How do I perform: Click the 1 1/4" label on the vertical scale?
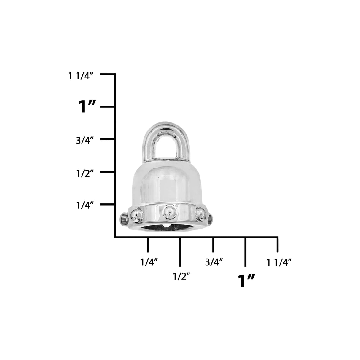(x=81, y=76)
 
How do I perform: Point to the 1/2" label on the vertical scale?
(x=85, y=173)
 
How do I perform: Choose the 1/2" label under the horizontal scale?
(x=181, y=277)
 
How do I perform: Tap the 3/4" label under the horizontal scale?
(x=214, y=262)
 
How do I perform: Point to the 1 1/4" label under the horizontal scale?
(x=279, y=262)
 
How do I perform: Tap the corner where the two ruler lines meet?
(x=115, y=237)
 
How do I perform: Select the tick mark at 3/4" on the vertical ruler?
(x=107, y=139)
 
